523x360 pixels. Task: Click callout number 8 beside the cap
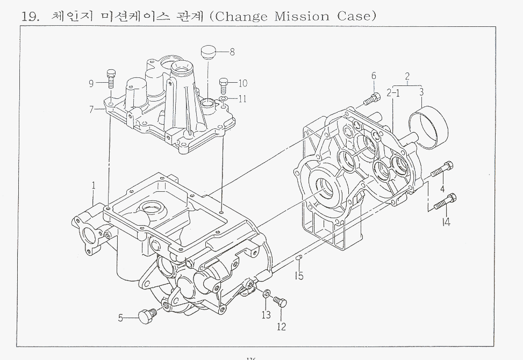tap(232, 52)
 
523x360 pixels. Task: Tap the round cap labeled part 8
tap(207, 54)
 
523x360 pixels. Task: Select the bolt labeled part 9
tap(111, 78)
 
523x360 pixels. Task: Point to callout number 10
tap(242, 83)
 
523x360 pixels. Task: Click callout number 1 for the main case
tap(94, 186)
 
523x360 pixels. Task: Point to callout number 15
tap(299, 276)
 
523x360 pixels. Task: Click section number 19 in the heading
tap(28, 16)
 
